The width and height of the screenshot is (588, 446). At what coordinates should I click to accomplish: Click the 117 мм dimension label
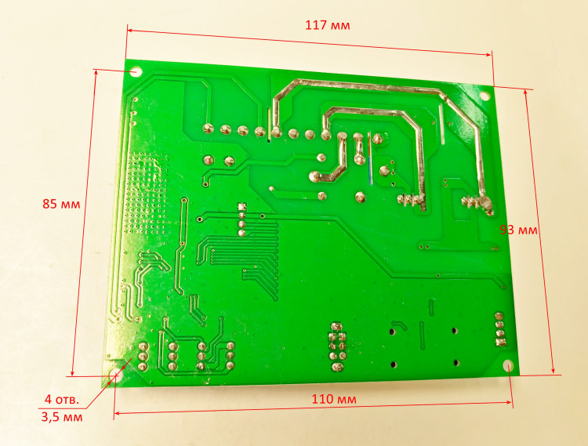[x=328, y=26]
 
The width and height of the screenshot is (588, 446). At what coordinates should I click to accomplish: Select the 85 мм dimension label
[x=61, y=205]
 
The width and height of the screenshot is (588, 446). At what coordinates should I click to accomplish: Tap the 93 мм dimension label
[x=519, y=230]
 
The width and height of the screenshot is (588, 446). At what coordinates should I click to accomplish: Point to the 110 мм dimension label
[x=334, y=399]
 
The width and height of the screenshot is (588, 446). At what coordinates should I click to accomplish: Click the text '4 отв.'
[x=62, y=399]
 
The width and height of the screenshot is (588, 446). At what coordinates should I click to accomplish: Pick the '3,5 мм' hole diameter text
[x=62, y=417]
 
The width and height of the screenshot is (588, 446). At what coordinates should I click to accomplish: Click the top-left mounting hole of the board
[x=136, y=71]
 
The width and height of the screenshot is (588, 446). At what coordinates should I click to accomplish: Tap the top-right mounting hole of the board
[x=485, y=96]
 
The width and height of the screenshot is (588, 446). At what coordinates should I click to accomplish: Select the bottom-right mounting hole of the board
[x=508, y=365]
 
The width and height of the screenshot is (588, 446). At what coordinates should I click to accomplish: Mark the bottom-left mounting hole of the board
[x=113, y=375]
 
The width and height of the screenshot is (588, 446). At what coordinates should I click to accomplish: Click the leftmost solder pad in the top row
[x=208, y=129]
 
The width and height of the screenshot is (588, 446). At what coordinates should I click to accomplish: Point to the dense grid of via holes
[x=146, y=193]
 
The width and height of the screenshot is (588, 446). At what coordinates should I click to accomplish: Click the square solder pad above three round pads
[x=241, y=206]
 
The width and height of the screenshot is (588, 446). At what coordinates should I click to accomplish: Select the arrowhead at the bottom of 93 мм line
[x=553, y=369]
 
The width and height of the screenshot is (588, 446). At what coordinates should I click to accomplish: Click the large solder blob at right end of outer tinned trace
[x=487, y=206]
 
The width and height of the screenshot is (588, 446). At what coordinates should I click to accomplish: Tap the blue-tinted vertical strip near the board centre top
[x=370, y=171]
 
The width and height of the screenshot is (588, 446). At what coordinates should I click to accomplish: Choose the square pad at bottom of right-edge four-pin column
[x=500, y=342]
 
